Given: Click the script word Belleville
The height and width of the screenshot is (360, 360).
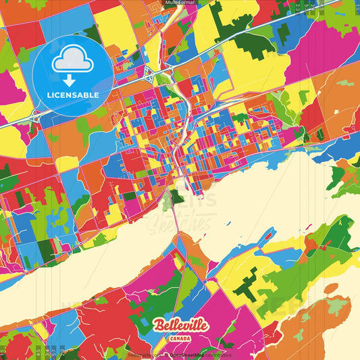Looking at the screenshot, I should point(180,325).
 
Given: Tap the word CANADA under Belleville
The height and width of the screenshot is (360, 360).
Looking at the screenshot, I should point(180,337).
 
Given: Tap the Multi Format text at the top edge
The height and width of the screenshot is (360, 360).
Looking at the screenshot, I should point(180,3).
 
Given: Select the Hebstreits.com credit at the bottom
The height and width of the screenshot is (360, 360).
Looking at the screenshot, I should point(138,354).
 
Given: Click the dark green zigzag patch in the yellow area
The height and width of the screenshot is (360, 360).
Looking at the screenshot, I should point(246,284).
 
